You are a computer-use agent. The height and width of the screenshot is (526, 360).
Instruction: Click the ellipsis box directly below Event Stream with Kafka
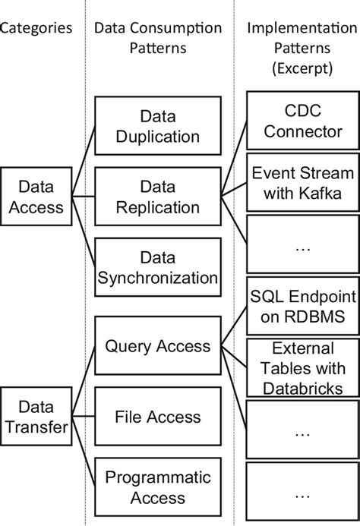[x=302, y=247]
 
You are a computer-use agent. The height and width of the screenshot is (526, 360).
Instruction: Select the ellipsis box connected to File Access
[x=302, y=431]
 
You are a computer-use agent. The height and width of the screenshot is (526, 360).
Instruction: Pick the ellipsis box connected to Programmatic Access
[x=302, y=495]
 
